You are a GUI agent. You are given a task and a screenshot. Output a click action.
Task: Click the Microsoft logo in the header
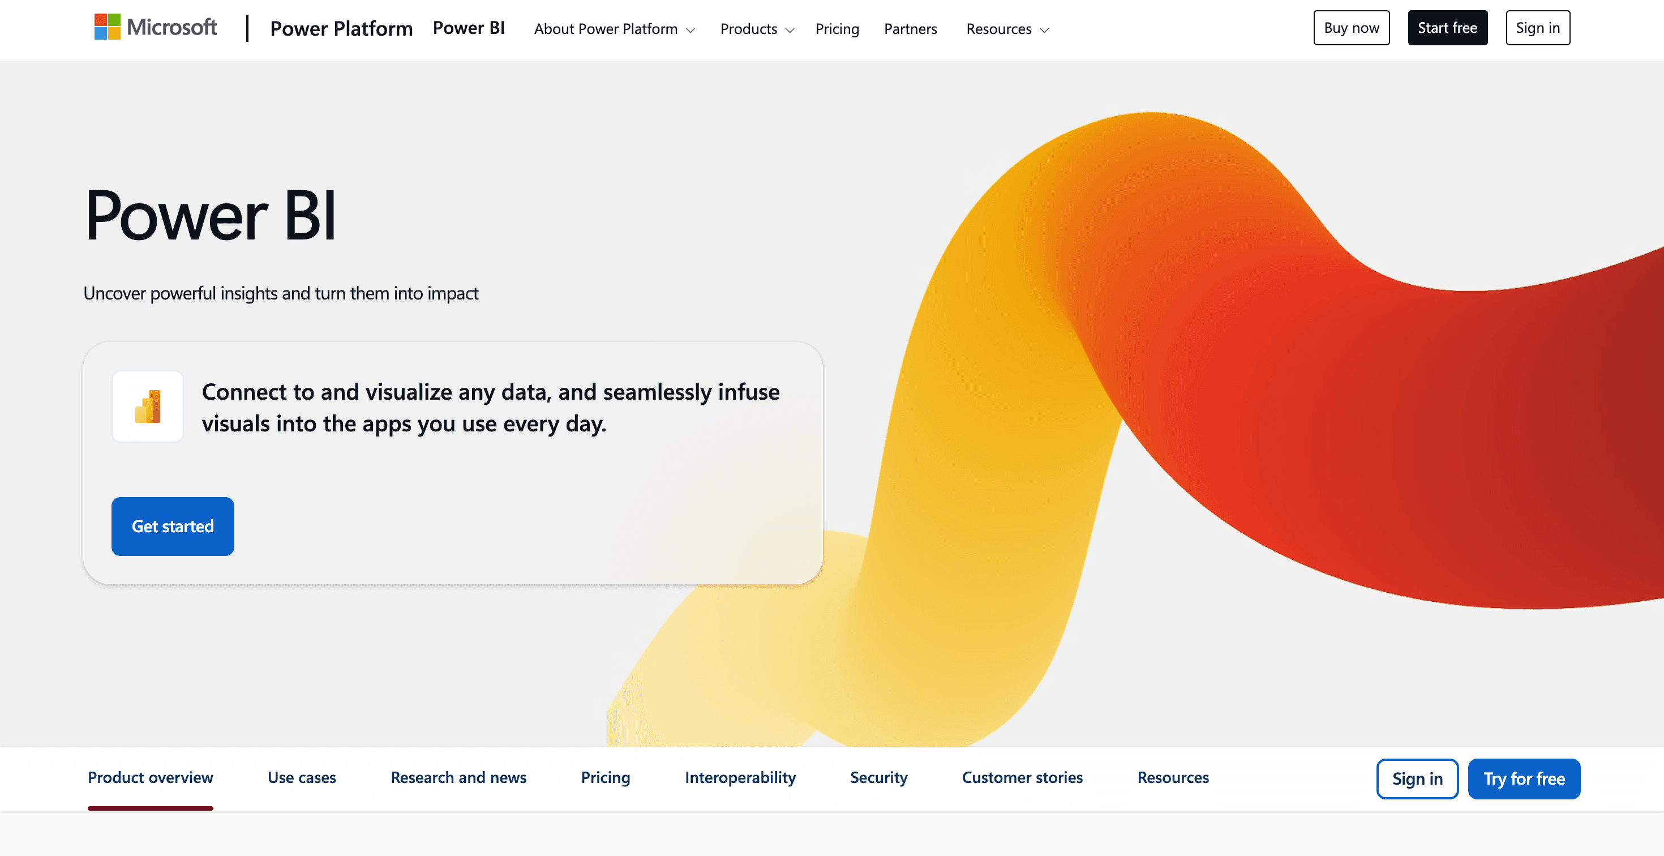(156, 27)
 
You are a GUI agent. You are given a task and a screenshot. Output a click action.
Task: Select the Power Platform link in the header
(341, 28)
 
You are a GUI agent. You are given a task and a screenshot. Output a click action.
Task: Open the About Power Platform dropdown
(614, 29)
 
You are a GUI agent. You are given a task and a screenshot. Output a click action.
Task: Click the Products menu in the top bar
(756, 29)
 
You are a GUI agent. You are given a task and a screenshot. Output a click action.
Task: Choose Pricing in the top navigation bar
(837, 29)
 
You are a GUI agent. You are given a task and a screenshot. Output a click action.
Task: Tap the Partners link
(910, 29)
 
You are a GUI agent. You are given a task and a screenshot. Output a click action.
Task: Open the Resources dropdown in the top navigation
(1007, 29)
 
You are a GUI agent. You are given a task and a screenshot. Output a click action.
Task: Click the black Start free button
(1447, 28)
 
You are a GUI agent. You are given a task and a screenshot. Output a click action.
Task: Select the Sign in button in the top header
(1537, 28)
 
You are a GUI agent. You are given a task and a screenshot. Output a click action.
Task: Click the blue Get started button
(173, 526)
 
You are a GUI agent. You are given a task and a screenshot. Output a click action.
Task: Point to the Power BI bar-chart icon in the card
(148, 406)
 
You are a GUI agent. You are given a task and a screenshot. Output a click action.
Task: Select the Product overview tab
(151, 777)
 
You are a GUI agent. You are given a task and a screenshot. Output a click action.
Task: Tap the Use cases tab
(302, 777)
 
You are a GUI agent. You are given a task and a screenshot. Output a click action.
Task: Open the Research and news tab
(458, 777)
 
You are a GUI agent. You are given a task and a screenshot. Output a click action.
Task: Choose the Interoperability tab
(740, 777)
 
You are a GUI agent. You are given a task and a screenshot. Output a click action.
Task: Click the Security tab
(878, 777)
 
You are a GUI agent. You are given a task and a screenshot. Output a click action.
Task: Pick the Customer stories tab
(1022, 777)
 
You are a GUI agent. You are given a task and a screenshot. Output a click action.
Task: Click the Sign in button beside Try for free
(1417, 778)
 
